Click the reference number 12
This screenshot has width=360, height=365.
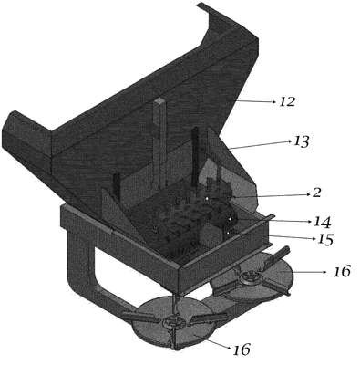pyautogui.click(x=287, y=101)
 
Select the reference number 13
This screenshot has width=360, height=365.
pyautogui.click(x=301, y=141)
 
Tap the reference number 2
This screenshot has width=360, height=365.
pyautogui.click(x=316, y=193)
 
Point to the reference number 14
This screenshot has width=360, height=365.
pyautogui.click(x=323, y=223)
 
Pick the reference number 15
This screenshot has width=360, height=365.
pyautogui.click(x=325, y=240)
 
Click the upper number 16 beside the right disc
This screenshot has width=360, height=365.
pyautogui.click(x=342, y=271)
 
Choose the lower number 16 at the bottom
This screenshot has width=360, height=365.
pyautogui.click(x=242, y=349)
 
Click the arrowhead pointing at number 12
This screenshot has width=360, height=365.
pyautogui.click(x=273, y=102)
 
